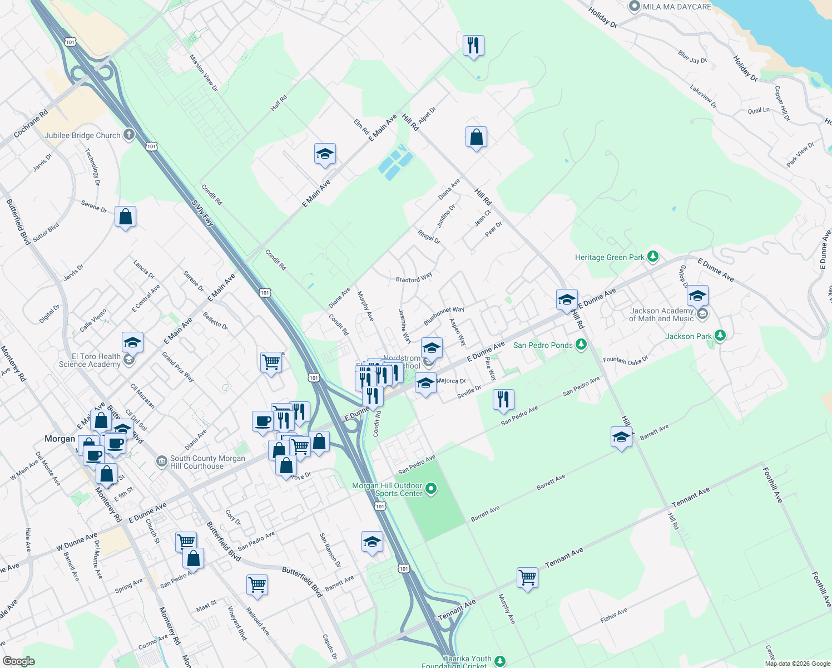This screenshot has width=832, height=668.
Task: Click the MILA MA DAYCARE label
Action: click(x=676, y=7)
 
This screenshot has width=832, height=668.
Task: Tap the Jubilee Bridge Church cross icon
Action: click(x=128, y=135)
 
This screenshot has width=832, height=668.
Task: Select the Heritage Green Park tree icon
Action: click(x=653, y=257)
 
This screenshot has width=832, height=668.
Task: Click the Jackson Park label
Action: click(x=688, y=336)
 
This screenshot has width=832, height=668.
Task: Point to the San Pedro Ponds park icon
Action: click(x=581, y=345)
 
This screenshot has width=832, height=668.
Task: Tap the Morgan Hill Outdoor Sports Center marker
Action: click(x=431, y=489)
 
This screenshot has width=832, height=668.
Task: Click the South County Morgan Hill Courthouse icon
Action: click(x=161, y=461)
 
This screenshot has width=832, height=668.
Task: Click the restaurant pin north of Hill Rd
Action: click(x=473, y=45)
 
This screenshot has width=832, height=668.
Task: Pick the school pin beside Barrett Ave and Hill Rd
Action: click(x=621, y=438)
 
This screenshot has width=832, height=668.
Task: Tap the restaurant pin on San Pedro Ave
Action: click(x=503, y=399)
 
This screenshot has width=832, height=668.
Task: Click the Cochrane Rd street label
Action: click(x=31, y=124)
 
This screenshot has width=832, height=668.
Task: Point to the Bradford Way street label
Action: click(x=414, y=277)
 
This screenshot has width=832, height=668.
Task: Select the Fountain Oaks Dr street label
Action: click(x=626, y=360)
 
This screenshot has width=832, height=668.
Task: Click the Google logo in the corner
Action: click(x=19, y=661)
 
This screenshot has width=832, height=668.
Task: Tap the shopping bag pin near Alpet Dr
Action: click(x=477, y=137)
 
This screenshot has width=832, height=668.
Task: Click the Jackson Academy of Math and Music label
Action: click(x=661, y=315)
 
